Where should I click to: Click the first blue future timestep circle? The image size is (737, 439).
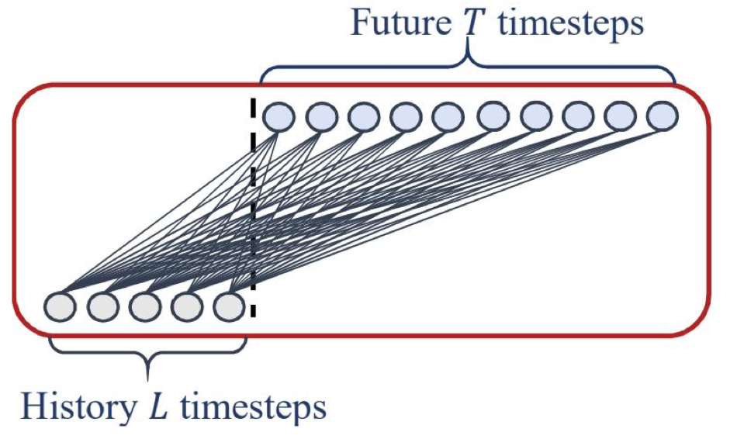pyautogui.click(x=279, y=117)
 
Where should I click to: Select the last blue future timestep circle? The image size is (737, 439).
pyautogui.click(x=662, y=117)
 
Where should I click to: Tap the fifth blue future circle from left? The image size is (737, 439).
pyautogui.click(x=448, y=117)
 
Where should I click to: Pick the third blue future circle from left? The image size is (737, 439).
pyautogui.click(x=363, y=117)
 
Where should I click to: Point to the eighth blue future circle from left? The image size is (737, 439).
pyautogui.click(x=576, y=117)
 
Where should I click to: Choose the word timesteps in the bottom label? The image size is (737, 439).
pyautogui.click(x=247, y=405)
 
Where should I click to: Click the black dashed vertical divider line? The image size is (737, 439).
pyautogui.click(x=253, y=209)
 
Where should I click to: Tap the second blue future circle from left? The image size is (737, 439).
pyautogui.click(x=321, y=117)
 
